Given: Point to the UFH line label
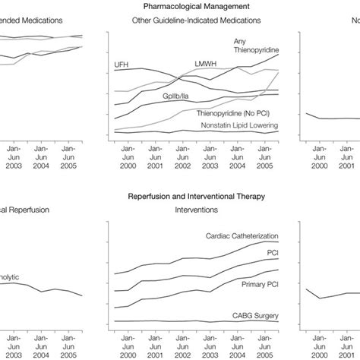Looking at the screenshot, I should [122, 64].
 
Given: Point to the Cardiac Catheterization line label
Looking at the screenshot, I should [242, 236].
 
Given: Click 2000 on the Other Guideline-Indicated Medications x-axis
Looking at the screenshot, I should [127, 165].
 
